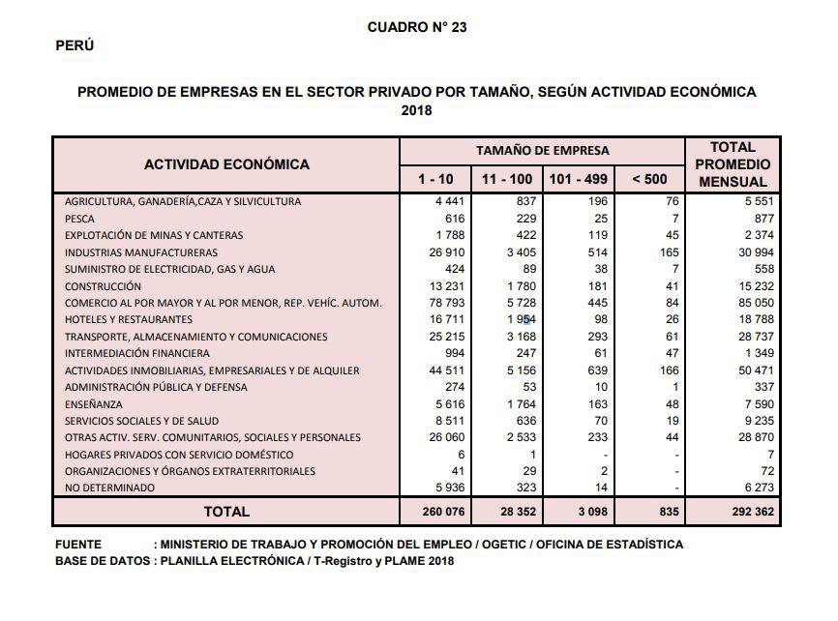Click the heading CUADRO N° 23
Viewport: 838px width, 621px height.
click(417, 27)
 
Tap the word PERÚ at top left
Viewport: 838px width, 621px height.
click(75, 45)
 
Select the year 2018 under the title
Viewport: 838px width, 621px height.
click(417, 110)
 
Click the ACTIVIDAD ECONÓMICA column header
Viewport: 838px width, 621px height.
click(226, 164)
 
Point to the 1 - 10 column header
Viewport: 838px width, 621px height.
click(435, 179)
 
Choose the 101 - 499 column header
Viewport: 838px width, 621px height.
click(579, 179)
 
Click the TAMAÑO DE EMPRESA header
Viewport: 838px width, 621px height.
click(542, 150)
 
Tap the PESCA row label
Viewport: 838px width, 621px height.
click(79, 219)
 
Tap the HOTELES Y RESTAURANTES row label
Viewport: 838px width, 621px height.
click(129, 320)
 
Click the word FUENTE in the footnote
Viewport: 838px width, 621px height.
click(78, 545)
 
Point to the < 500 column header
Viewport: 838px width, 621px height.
click(648, 179)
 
